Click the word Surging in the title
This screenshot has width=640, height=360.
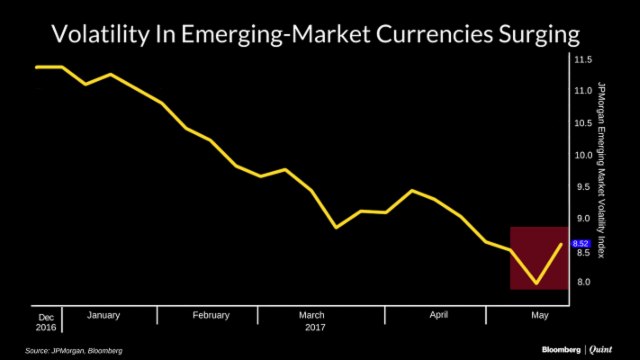tap(540, 36)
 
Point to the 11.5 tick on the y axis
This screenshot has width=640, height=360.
tap(583, 59)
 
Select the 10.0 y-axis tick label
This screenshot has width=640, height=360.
tap(583, 155)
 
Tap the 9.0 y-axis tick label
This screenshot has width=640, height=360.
tap(583, 219)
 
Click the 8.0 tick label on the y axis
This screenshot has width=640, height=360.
tap(583, 283)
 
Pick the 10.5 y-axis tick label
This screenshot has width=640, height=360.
tap(583, 123)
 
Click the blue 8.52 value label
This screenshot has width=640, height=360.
tap(581, 243)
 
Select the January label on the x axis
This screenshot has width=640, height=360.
tap(104, 315)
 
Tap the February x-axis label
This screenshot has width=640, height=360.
tap(211, 315)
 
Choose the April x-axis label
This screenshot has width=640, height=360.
tap(438, 315)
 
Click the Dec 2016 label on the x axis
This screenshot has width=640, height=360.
tap(47, 320)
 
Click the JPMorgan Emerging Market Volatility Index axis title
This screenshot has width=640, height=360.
tap(601, 170)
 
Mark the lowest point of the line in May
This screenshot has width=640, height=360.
tap(537, 283)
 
